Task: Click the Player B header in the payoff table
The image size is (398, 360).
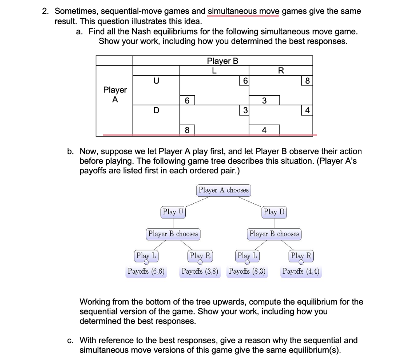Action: point(222,61)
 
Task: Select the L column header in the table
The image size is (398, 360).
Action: point(214,70)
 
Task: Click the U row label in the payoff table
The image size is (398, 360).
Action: point(156,81)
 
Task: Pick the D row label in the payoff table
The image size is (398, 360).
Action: point(156,110)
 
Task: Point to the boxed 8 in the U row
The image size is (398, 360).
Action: point(307,81)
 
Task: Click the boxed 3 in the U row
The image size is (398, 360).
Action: point(264,100)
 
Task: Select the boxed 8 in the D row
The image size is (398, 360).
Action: point(187,129)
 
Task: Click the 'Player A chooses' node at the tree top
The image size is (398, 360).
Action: point(223,190)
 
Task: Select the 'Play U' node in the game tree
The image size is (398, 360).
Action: point(173,212)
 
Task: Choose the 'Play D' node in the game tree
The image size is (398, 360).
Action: point(274,212)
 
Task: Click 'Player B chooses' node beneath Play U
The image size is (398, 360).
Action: point(173,234)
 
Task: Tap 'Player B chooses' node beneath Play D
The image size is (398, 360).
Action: point(274,234)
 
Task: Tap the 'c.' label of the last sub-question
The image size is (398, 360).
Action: point(70,341)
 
